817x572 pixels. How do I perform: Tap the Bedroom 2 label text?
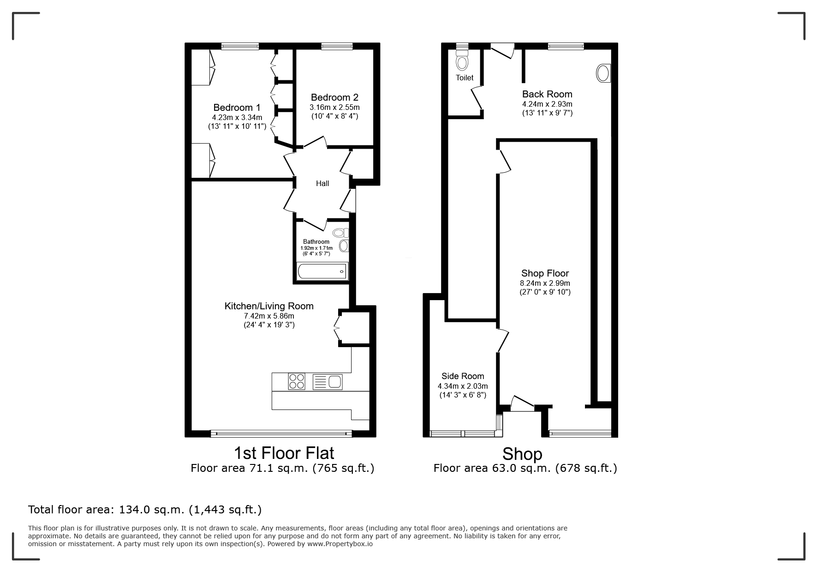pos(334,97)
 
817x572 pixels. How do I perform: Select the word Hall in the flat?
pos(322,183)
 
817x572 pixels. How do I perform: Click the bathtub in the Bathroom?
pos(322,271)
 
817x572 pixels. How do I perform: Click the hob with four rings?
pos(296,382)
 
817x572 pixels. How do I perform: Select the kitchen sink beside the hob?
pos(328,382)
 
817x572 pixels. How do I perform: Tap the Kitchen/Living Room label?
pos(269,306)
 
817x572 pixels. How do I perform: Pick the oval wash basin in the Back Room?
pos(603,73)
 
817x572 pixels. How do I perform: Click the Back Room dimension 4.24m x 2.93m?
pos(547,104)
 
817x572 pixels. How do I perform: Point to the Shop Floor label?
pos(545,273)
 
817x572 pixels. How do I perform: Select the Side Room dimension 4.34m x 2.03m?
pos(463,386)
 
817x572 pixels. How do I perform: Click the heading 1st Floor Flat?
pos(284,453)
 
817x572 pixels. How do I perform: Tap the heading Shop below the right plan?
pos(522,454)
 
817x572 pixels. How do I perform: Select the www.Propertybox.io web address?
pos(340,544)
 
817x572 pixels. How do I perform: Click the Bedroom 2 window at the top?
pos(337,46)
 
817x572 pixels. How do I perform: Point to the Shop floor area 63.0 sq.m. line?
pos(525,468)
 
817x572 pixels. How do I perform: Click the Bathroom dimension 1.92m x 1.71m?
pos(316,248)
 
